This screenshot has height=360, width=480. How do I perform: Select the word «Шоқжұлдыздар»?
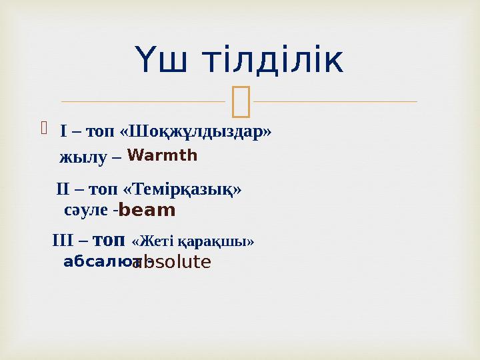point(195,130)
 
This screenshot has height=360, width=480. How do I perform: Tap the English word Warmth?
point(162,156)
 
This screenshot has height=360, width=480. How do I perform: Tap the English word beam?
point(147,211)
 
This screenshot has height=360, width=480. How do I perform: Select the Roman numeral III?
point(62,239)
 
